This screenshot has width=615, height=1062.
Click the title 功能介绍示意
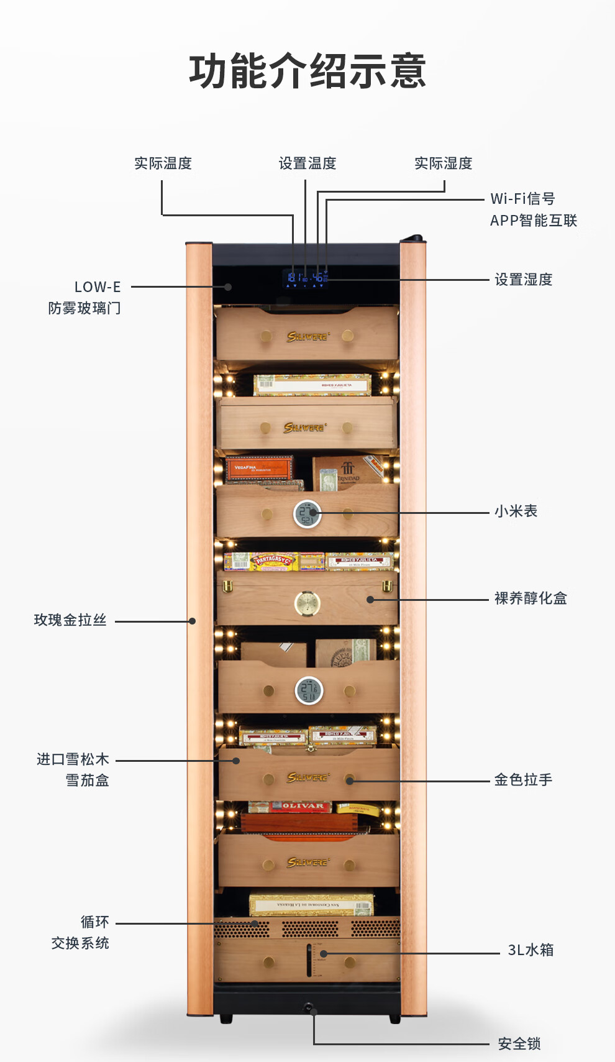coord(307,71)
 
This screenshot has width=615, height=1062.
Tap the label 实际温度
coord(163,163)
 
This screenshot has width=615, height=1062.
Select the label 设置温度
coord(307,163)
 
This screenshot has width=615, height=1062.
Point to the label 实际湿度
coord(443,163)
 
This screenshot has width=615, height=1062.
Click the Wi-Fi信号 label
coord(522,199)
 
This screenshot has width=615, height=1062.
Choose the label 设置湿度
coord(523,280)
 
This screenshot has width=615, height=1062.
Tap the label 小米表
coord(516,511)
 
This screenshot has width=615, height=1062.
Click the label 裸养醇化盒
coord(531,598)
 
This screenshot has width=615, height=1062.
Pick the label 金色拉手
coord(523,780)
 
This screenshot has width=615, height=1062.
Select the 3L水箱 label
coord(531,950)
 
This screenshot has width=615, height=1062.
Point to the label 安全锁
coord(519,1044)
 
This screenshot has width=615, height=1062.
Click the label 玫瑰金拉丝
coord(70,620)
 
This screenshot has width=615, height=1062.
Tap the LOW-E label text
coord(98,287)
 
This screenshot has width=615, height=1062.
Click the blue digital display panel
coord(306,278)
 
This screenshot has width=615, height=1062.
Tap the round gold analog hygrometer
coord(307,603)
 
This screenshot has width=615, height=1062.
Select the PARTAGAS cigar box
coord(273,561)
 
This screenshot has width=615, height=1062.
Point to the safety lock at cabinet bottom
coord(308,1007)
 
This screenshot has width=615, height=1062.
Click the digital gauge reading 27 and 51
coord(309,690)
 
